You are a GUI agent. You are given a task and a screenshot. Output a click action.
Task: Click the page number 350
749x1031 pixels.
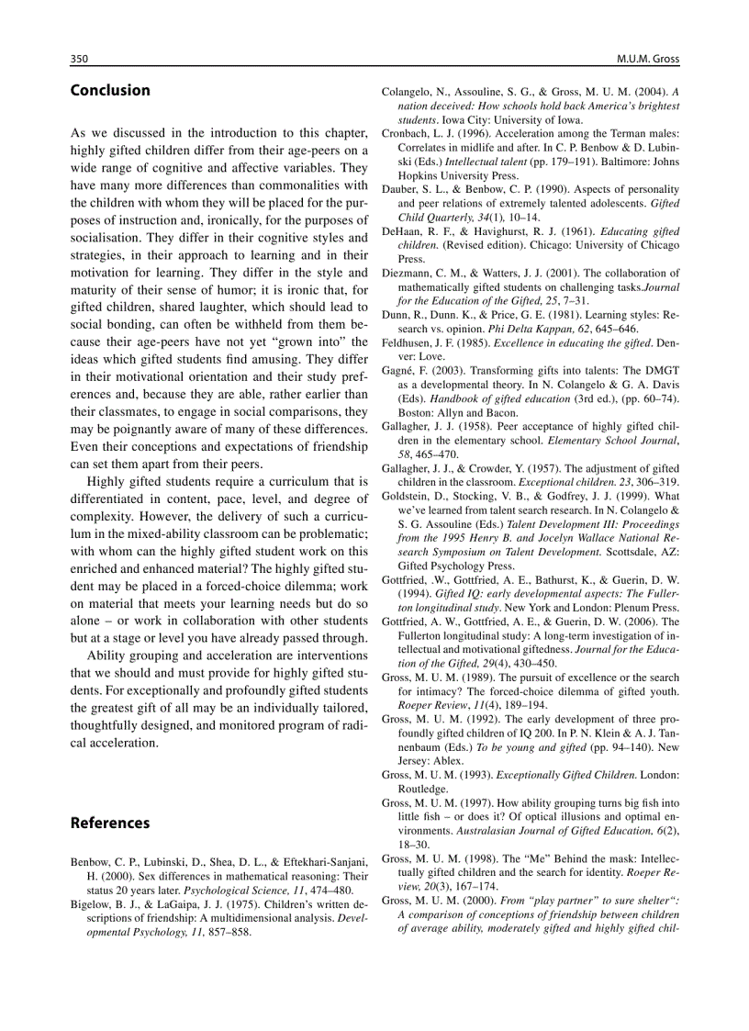[x=79, y=59]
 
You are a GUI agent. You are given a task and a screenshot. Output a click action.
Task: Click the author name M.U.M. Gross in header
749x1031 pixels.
[x=648, y=59]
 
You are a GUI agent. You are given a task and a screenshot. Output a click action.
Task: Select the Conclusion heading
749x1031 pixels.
[x=110, y=90]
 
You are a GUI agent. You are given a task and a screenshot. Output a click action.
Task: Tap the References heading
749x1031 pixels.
[x=110, y=823]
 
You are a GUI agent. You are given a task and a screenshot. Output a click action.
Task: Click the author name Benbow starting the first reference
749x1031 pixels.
[x=92, y=862]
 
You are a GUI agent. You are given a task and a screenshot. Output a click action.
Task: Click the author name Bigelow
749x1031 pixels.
[x=92, y=903]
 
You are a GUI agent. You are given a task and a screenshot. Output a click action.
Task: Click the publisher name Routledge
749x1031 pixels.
[x=422, y=788]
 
